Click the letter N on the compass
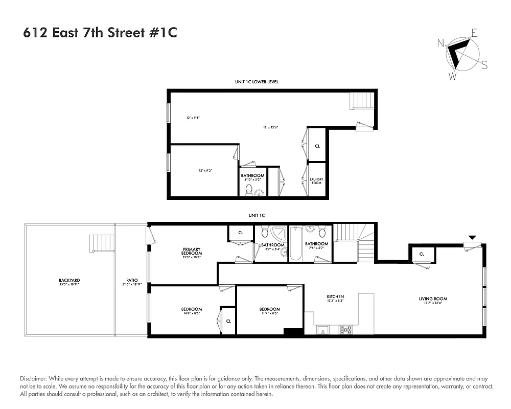440,43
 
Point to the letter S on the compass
484,65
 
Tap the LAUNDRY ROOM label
316,180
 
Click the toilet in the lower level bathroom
249,190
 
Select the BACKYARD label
69,280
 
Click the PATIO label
132,280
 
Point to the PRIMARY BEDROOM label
192,252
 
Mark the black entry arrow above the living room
472,237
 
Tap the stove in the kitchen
345,330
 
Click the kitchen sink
322,330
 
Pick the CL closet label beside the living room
422,254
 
